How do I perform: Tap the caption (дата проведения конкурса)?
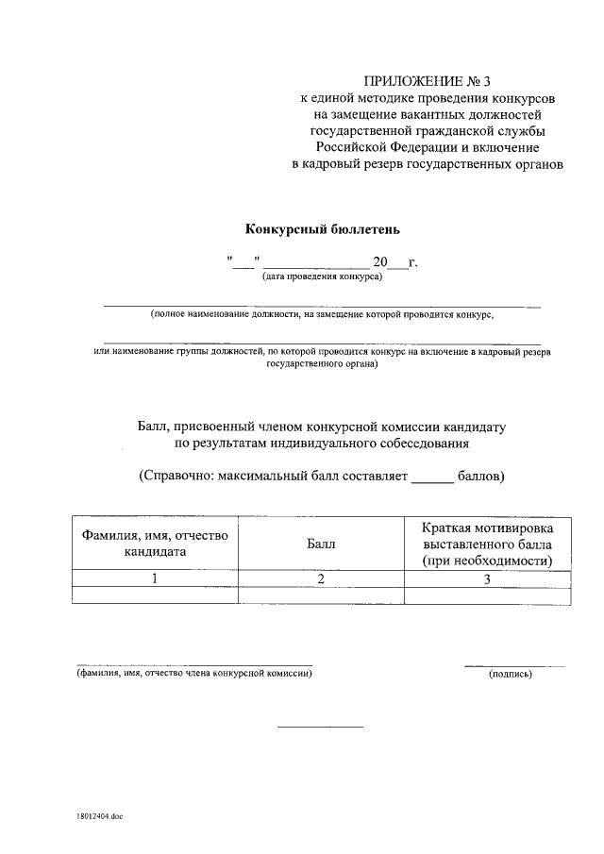click(321, 277)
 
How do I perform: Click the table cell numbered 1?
click(156, 579)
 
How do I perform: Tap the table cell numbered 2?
click(321, 579)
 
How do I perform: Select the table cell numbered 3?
click(487, 579)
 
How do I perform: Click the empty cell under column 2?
click(321, 595)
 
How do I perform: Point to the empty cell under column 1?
click(156, 595)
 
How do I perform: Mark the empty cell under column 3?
click(487, 595)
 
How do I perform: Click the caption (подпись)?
click(511, 674)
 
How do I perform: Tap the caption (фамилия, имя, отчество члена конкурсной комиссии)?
click(193, 673)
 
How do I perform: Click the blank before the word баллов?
click(432, 480)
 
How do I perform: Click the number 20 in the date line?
click(380, 261)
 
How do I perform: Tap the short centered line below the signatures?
click(319, 727)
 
